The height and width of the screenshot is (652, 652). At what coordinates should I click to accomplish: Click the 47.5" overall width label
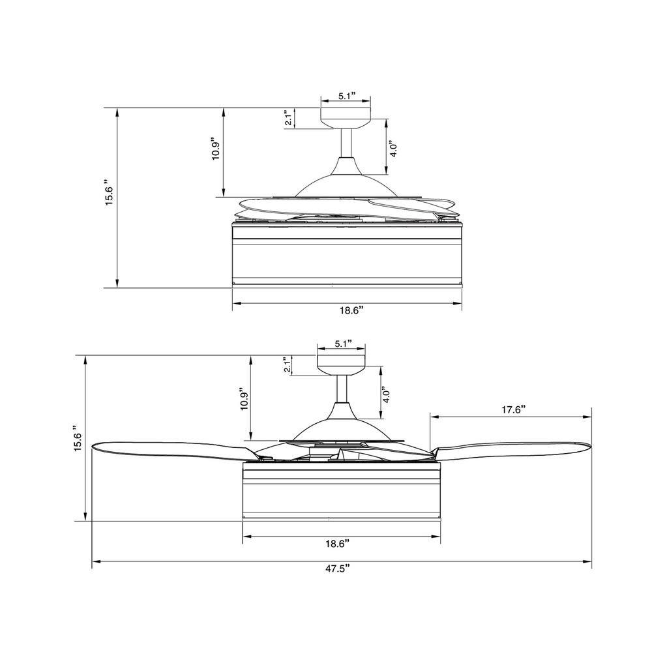pyautogui.click(x=338, y=569)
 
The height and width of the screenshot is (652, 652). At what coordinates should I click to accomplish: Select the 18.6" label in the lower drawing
pyautogui.click(x=337, y=544)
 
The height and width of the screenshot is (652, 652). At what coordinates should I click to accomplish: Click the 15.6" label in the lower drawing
pyautogui.click(x=78, y=439)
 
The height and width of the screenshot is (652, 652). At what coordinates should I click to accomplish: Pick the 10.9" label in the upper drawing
pyautogui.click(x=216, y=149)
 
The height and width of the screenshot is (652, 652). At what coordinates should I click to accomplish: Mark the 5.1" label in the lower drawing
pyautogui.click(x=344, y=344)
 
